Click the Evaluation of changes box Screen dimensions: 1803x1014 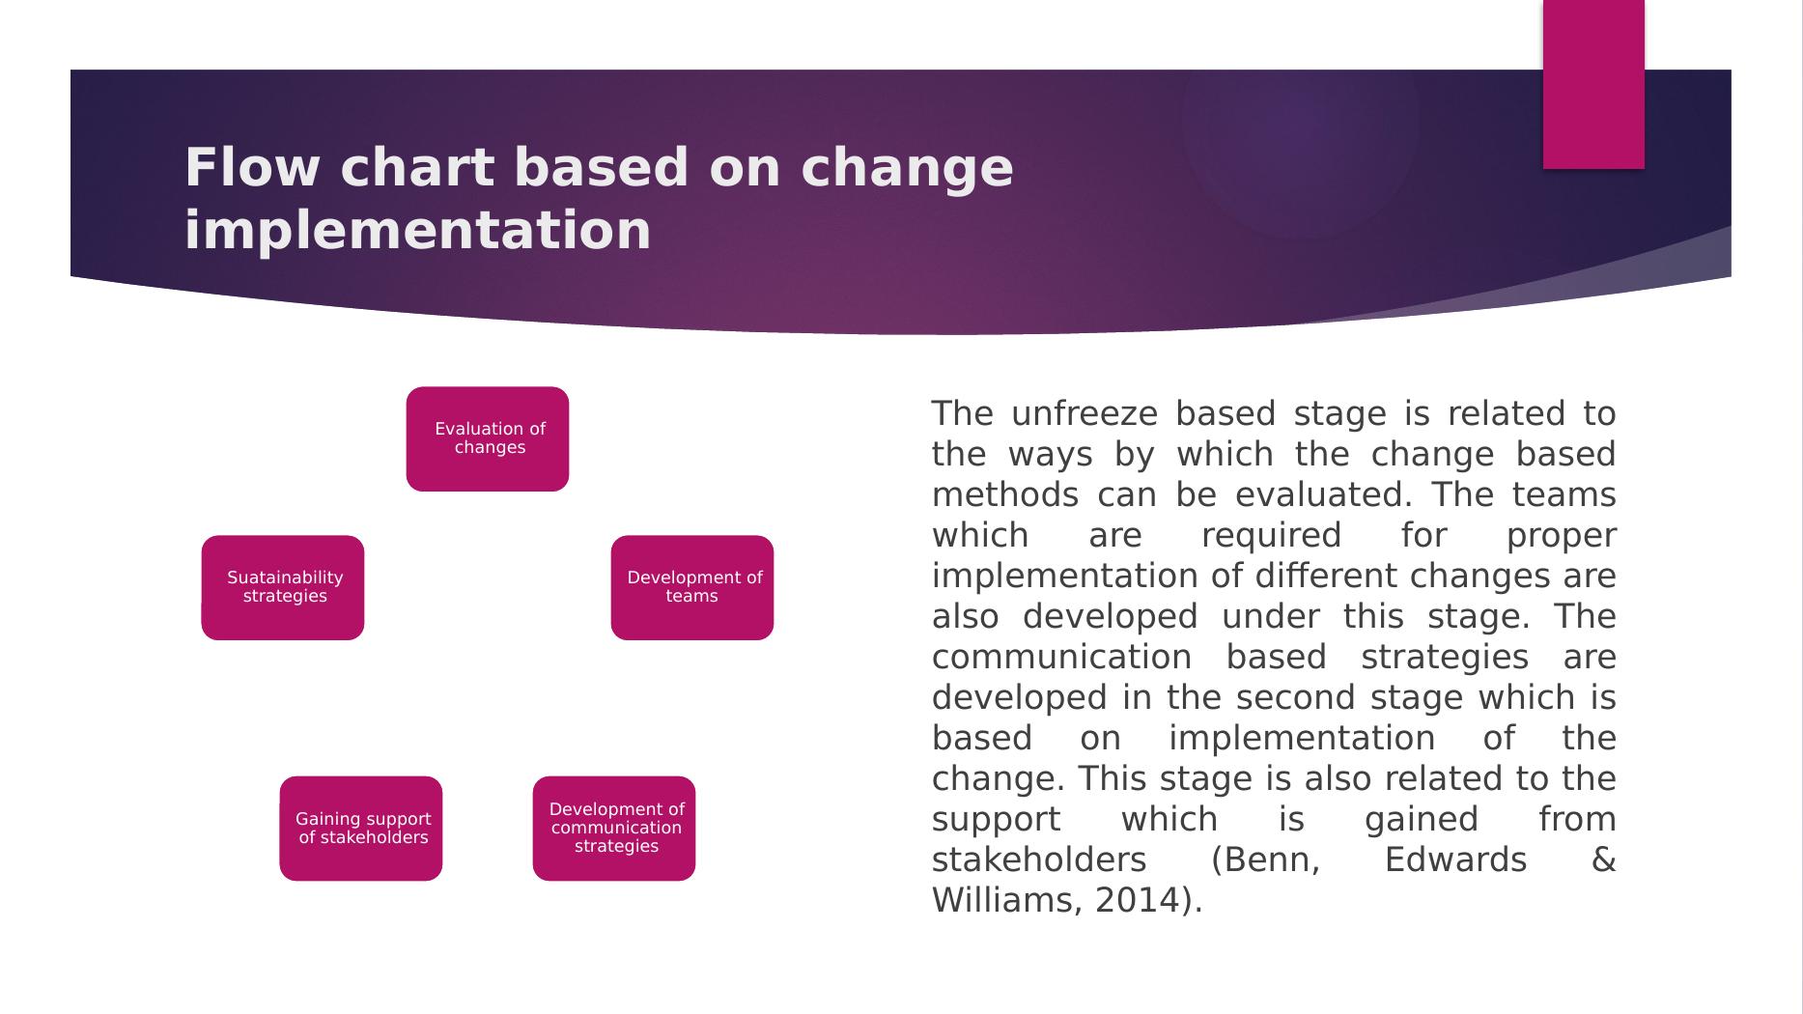488,438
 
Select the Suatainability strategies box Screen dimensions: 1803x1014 283,587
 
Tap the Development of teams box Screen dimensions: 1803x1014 692,587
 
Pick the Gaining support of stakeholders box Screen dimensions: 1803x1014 361,829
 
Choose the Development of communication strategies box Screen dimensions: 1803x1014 614,829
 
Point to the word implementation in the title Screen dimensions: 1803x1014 418,232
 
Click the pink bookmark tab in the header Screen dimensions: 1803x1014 1593,84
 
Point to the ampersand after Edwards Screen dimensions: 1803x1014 1603,859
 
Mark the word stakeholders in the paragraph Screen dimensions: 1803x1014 1039,859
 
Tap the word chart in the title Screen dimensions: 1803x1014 417,167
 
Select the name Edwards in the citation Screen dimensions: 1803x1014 1455,859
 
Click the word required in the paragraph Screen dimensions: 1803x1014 1271,536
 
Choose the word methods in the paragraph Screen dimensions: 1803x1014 1005,494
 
